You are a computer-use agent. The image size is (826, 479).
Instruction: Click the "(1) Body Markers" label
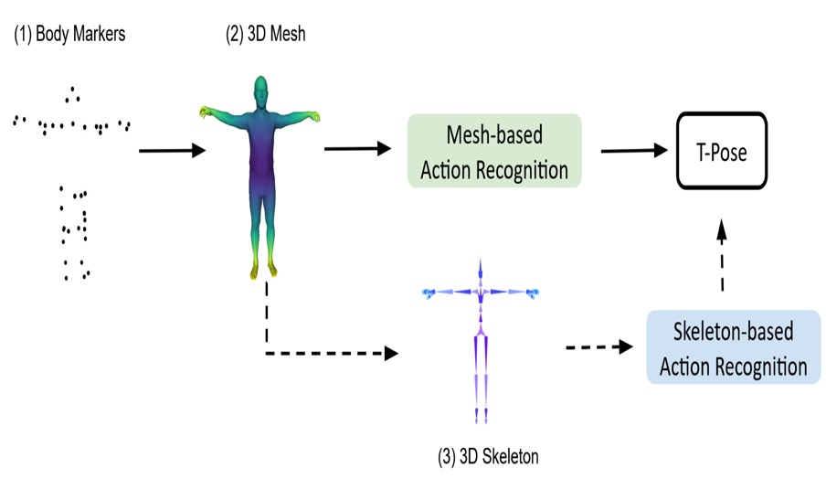69,34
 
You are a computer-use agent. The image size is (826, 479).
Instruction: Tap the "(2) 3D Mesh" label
266,34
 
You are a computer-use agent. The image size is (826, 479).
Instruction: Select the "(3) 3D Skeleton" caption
488,456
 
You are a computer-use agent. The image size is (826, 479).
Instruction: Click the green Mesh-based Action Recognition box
494,151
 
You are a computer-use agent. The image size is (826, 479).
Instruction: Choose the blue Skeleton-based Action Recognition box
734,347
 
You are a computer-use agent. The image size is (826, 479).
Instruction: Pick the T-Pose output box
722,151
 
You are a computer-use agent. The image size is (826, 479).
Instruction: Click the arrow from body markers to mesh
173,151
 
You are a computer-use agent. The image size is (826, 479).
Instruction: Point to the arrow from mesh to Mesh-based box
357,149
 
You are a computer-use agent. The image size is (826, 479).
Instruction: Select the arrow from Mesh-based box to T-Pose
634,151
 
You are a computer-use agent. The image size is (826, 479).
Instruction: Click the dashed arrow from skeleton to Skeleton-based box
599,347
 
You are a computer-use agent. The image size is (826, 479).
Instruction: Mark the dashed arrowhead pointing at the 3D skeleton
391,353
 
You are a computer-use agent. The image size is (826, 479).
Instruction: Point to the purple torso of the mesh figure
260,158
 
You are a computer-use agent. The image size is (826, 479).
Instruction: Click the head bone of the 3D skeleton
481,270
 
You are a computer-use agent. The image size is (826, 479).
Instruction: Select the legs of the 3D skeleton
481,377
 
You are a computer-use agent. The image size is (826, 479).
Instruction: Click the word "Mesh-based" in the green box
494,135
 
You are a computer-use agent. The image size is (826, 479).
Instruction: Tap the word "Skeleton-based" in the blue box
734,332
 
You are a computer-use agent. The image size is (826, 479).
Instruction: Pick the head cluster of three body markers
73,95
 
